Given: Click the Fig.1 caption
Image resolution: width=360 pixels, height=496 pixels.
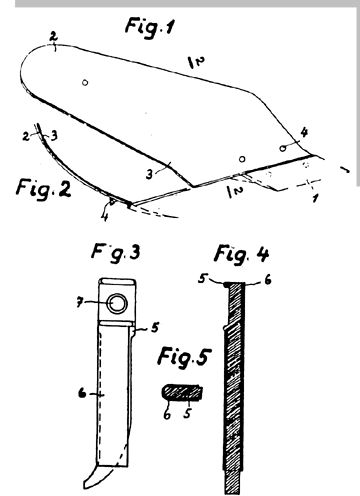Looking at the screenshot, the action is pyautogui.click(x=150, y=28).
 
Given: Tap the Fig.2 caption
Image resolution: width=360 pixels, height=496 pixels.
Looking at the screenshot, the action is pyautogui.click(x=43, y=188).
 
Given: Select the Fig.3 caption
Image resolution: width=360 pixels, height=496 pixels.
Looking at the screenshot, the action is pyautogui.click(x=116, y=254).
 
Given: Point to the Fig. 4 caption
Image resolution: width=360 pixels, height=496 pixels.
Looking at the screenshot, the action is pyautogui.click(x=241, y=255).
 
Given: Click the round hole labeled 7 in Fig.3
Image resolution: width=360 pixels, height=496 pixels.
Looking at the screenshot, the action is pyautogui.click(x=117, y=303).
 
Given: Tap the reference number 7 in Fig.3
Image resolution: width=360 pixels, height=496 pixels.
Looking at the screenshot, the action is pyautogui.click(x=79, y=303).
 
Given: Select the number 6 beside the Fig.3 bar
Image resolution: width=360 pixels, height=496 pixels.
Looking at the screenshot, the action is pyautogui.click(x=82, y=394).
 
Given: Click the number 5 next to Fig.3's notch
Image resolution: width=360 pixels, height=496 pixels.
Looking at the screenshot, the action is pyautogui.click(x=154, y=327).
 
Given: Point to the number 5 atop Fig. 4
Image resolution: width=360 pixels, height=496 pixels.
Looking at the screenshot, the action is pyautogui.click(x=201, y=278).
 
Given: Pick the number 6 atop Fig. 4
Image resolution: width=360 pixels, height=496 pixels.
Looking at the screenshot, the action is pyautogui.click(x=268, y=279).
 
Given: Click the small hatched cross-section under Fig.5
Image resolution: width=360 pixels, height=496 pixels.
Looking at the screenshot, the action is pyautogui.click(x=183, y=392).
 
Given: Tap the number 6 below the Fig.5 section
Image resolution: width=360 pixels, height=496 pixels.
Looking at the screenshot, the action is pyautogui.click(x=167, y=414).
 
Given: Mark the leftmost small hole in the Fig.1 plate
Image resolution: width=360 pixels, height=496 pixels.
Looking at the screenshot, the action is pyautogui.click(x=85, y=82).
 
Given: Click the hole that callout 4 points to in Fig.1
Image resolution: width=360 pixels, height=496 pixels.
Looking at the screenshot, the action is pyautogui.click(x=283, y=148).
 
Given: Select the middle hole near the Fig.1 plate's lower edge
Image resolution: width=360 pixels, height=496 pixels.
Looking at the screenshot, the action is pyautogui.click(x=243, y=159).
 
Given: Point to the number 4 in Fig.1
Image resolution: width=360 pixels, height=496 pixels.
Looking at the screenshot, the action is pyautogui.click(x=304, y=132).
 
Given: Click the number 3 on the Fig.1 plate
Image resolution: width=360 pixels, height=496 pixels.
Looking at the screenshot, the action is pyautogui.click(x=150, y=174).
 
